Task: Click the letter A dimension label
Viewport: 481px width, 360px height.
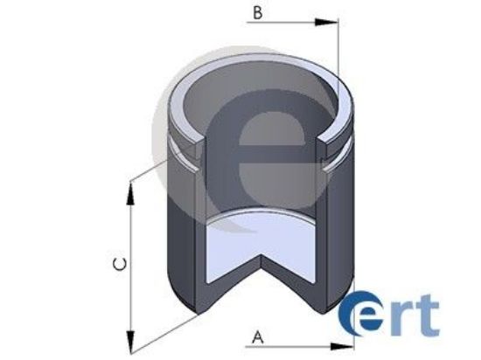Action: [x=257, y=334]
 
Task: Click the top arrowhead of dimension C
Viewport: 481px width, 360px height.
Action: [x=131, y=188]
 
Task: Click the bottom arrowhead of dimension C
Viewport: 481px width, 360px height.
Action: [x=131, y=340]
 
